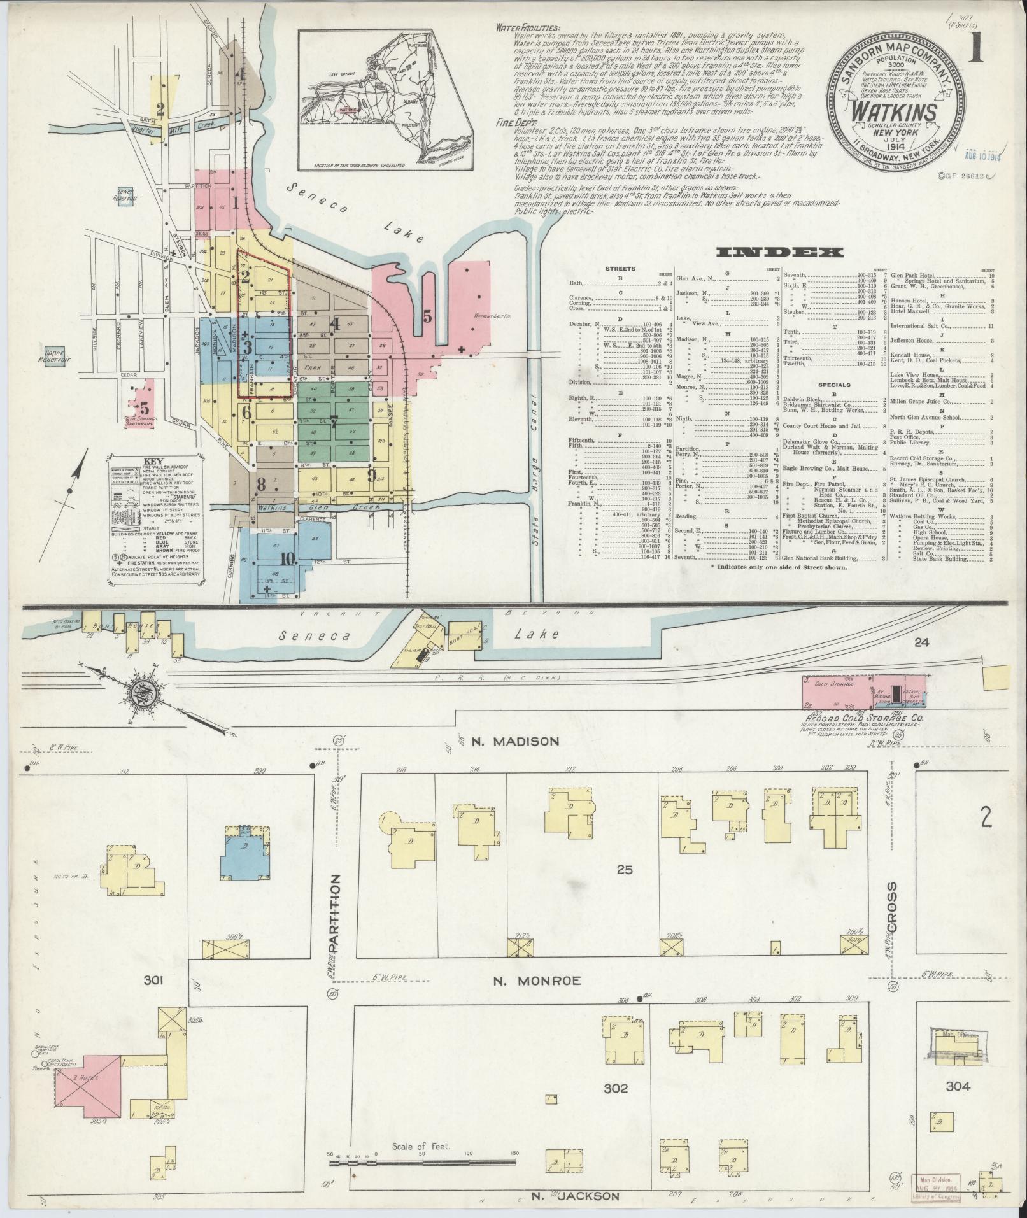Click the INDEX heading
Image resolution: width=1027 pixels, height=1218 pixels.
(x=781, y=253)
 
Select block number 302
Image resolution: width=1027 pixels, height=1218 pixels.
(x=615, y=1088)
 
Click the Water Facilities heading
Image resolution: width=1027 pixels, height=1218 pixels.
(x=528, y=29)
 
